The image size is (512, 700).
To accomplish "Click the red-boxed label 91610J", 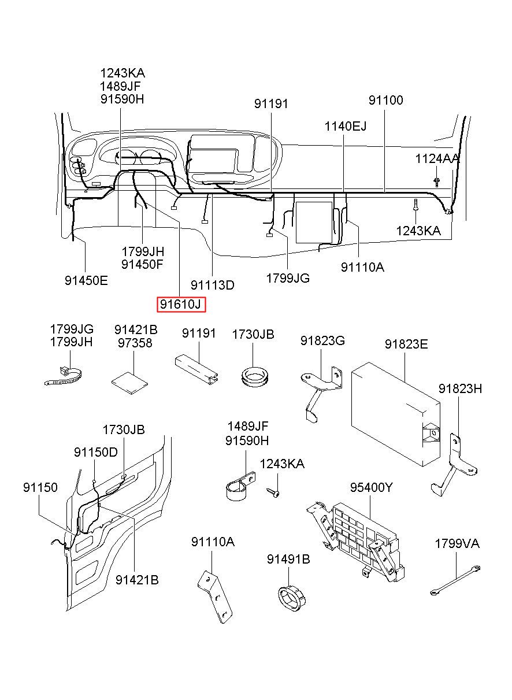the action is (181, 304).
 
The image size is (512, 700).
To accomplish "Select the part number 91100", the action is (385, 101).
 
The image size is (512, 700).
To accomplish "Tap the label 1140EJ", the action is (345, 127).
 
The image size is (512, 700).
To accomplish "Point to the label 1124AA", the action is (437, 159).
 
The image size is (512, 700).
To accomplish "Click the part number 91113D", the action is (213, 285).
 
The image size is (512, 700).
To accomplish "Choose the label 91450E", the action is (86, 280).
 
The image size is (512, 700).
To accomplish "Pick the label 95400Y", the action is (371, 487).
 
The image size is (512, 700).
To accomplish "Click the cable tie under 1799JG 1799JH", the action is (65, 376).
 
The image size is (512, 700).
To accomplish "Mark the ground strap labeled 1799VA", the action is (455, 580).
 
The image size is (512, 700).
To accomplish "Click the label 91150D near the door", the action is (96, 452).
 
